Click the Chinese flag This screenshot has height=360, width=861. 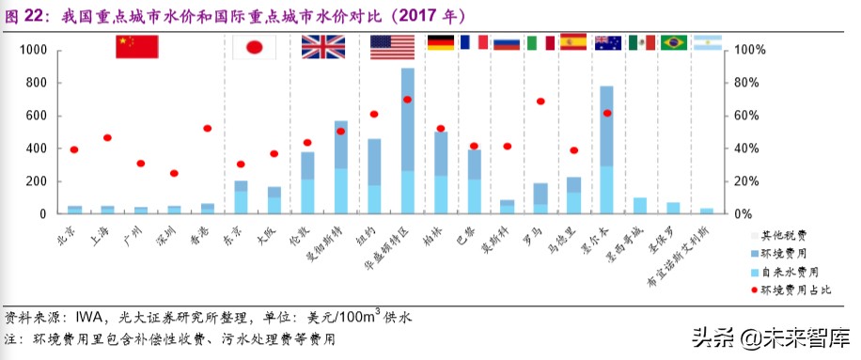(136, 47)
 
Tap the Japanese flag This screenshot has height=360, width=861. (254, 49)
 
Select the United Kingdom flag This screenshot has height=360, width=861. (323, 47)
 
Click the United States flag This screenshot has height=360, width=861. (392, 47)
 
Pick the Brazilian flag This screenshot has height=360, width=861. (674, 42)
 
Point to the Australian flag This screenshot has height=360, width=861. (608, 42)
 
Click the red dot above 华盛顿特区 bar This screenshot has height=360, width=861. (407, 100)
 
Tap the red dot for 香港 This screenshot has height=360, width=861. (207, 129)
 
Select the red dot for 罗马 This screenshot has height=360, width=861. (540, 102)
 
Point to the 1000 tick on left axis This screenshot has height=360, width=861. (32, 50)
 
